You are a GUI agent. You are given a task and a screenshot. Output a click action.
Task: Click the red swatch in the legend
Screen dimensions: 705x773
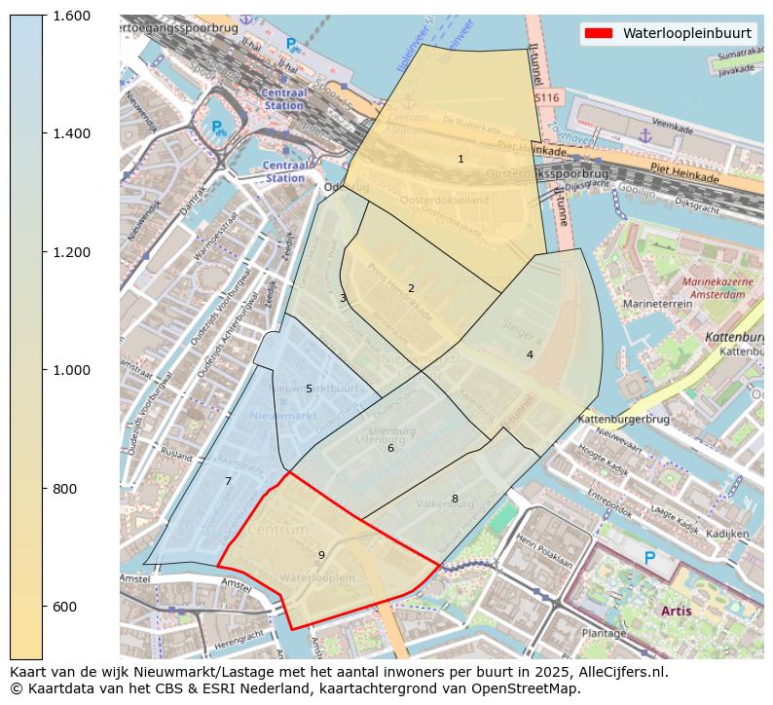coord(598,33)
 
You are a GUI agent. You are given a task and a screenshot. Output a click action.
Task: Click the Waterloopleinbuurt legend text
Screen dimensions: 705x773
coord(686,33)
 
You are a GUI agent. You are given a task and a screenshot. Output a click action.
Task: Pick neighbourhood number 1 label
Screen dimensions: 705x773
coord(460,159)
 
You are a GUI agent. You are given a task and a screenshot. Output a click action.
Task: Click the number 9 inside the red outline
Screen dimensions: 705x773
coord(321,555)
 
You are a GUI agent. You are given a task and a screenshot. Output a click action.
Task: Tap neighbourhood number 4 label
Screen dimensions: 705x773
coord(530,354)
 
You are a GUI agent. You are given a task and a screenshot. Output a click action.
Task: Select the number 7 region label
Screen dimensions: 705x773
coord(228,481)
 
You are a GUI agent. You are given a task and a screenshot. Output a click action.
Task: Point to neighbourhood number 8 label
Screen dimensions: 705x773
coord(454,499)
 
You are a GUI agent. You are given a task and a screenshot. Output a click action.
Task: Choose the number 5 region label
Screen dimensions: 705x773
coord(309,389)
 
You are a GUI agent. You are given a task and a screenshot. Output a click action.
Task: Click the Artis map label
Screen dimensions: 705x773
coord(677,612)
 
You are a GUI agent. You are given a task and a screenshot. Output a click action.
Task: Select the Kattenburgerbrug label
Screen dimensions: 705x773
coord(624,419)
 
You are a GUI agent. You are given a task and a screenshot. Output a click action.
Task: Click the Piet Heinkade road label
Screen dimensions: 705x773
coord(684,175)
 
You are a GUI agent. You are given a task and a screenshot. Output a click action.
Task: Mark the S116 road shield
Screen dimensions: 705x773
coord(547,98)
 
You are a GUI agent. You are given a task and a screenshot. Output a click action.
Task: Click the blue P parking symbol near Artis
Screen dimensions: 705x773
coord(649,558)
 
